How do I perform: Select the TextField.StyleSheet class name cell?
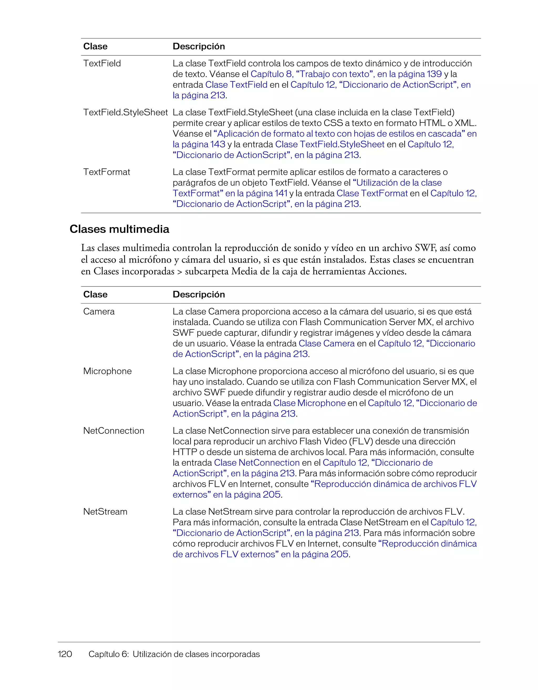(125, 112)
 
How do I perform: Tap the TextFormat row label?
(107, 172)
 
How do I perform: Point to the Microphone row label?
(107, 371)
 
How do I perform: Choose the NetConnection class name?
(113, 431)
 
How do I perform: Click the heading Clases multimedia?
(119, 229)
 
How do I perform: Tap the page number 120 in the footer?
(65, 654)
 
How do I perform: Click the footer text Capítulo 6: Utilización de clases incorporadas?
(174, 654)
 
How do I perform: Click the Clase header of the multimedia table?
(95, 294)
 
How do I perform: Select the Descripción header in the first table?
(199, 46)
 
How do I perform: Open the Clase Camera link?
(327, 343)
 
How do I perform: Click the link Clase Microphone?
(309, 403)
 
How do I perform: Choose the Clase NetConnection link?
(257, 463)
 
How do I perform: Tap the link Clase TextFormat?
(372, 193)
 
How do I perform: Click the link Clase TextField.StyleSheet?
(330, 144)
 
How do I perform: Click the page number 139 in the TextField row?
(434, 74)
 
